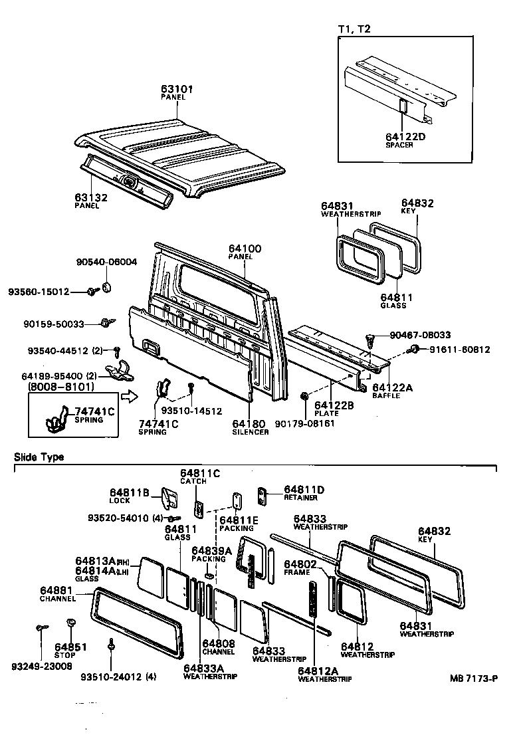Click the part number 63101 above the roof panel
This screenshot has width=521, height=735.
175,88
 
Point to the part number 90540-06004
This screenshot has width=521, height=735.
106,262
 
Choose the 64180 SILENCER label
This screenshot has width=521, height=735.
250,427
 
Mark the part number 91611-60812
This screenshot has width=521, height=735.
459,350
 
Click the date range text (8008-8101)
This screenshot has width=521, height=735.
60,386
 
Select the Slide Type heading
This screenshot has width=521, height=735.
39,457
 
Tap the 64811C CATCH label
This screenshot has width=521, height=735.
199,477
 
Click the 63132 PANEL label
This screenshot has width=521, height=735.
90,200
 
